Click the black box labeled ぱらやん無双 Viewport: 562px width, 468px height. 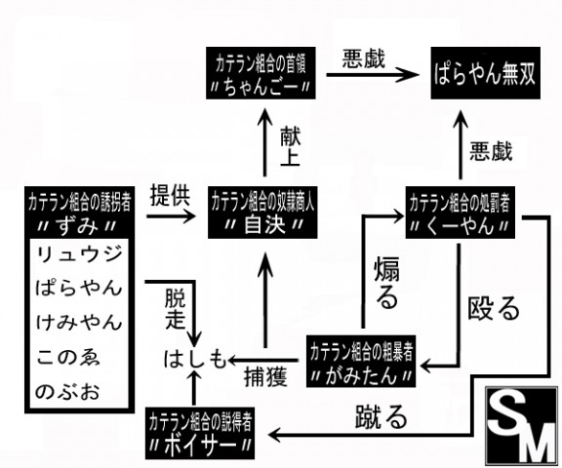point(485,73)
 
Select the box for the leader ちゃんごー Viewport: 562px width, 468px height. point(261,73)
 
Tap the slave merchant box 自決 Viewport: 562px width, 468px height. point(262,213)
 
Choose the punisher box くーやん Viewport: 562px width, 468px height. point(461,213)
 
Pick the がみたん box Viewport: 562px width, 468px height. point(361,362)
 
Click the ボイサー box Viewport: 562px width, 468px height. point(200,433)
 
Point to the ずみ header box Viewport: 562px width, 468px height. point(80,213)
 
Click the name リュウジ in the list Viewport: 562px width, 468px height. point(79,254)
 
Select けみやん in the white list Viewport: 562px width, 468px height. point(79,322)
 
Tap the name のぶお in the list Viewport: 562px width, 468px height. point(67,391)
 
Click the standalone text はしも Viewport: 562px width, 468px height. point(195,359)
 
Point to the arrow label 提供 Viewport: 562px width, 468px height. point(170,195)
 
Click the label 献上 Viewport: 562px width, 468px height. point(290,146)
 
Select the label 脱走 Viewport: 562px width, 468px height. point(176,309)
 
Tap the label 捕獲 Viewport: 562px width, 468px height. point(265,376)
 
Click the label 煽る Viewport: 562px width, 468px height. point(386,284)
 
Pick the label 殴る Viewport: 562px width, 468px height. point(494,308)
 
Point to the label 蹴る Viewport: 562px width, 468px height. point(381,416)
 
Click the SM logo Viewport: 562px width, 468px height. point(521,426)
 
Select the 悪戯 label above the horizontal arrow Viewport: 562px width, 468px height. point(363,58)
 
